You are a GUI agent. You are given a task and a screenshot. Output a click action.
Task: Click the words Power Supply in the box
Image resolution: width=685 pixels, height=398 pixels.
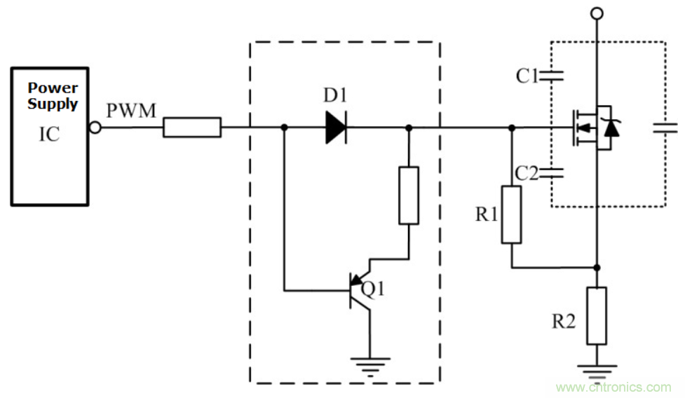pos(53,96)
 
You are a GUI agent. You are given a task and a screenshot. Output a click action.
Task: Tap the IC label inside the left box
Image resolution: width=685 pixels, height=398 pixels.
pos(49,135)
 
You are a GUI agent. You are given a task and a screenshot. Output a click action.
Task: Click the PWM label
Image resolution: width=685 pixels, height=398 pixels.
pos(131,111)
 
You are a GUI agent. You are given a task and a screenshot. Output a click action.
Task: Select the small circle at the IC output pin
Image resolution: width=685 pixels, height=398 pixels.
pos(96,128)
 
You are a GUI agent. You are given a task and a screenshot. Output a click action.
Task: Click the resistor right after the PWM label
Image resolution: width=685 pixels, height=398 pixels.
pos(192,128)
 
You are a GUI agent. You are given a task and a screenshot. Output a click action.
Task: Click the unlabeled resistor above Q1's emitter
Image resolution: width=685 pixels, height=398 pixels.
pos(409,195)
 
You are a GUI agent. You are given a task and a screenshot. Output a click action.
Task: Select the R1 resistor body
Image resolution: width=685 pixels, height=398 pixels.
pos(511,214)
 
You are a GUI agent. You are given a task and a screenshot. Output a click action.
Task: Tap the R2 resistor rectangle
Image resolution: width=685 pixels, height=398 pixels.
pos(596,315)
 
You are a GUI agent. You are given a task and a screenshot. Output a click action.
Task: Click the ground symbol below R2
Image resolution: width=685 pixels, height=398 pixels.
pos(596,369)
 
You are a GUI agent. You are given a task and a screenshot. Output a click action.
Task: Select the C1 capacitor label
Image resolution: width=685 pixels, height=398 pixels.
pos(527,76)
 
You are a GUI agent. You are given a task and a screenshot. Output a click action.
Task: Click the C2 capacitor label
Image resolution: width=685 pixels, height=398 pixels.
pos(527,173)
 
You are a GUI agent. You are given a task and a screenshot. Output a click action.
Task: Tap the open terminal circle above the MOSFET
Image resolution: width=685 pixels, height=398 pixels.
pos(596,13)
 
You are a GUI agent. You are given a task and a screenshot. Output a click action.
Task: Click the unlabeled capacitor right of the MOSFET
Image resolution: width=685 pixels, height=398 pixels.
pos(665,128)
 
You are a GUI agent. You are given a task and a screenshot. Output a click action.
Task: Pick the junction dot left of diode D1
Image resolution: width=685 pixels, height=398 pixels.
pos(284,128)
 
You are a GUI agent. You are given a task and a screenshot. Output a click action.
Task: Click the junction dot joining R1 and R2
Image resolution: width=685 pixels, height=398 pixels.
pos(596,267)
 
